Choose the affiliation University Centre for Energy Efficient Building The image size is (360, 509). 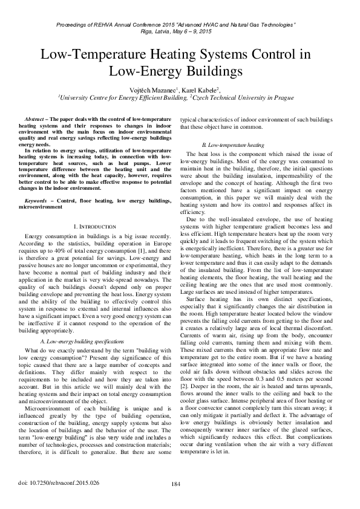(122, 97)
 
